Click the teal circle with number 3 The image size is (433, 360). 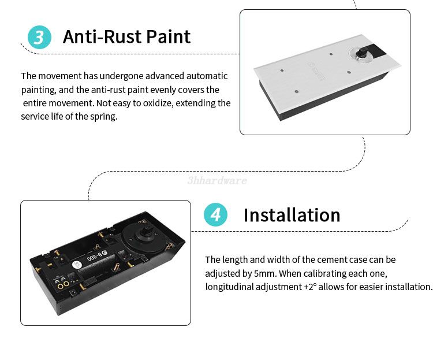(x=39, y=37)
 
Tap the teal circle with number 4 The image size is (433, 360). (x=215, y=214)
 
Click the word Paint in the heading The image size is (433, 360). (x=168, y=36)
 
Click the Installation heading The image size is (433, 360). (x=292, y=215)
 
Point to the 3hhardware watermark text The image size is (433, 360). (x=217, y=180)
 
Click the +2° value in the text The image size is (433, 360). (x=310, y=287)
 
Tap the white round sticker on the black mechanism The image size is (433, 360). (x=77, y=265)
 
